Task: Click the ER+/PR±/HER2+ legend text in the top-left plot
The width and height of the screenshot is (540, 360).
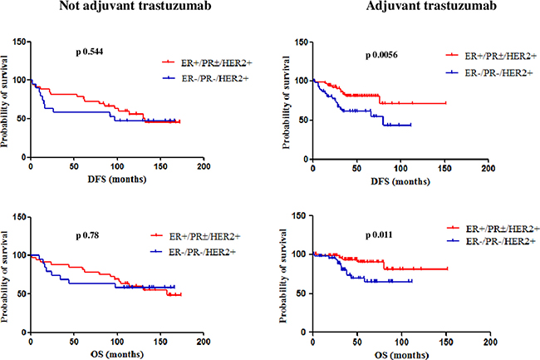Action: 209,62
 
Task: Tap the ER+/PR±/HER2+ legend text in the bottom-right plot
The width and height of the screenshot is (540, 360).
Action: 493,227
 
